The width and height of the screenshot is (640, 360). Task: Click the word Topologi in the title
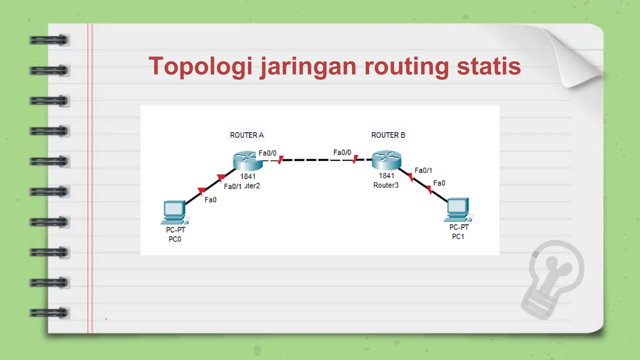pyautogui.click(x=200, y=66)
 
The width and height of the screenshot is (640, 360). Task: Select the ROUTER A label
pyautogui.click(x=247, y=135)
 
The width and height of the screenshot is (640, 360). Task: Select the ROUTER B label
pyautogui.click(x=388, y=135)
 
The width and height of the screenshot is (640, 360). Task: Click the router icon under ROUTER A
pyautogui.click(x=247, y=161)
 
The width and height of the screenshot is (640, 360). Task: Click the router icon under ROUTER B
pyautogui.click(x=386, y=160)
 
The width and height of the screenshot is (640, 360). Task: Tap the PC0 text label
pyautogui.click(x=175, y=239)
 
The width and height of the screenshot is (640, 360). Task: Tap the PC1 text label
pyautogui.click(x=458, y=237)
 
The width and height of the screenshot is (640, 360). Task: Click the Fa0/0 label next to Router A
pyautogui.click(x=267, y=153)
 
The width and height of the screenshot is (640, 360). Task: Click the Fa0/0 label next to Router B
pyautogui.click(x=342, y=152)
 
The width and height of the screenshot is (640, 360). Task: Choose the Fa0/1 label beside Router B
pyautogui.click(x=423, y=170)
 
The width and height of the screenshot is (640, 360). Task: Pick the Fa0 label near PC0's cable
pyautogui.click(x=210, y=200)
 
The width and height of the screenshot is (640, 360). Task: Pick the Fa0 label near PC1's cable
pyautogui.click(x=439, y=183)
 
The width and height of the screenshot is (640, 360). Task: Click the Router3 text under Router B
pyautogui.click(x=386, y=185)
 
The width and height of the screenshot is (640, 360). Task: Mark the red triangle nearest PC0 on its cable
pyautogui.click(x=202, y=191)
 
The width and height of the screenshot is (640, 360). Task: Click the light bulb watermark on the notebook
pyautogui.click(x=553, y=278)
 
